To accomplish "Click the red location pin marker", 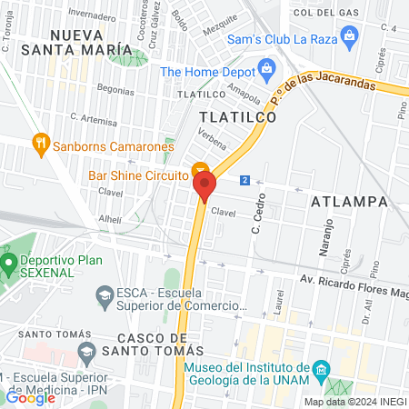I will click(204, 186).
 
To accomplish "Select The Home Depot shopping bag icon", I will click(266, 67).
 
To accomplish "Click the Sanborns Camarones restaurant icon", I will click(39, 143).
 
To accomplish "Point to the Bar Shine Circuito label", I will click(137, 175).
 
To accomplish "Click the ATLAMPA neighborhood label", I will click(348, 200).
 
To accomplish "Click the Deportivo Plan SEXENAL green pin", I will click(10, 267).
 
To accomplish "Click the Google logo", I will click(30, 396).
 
